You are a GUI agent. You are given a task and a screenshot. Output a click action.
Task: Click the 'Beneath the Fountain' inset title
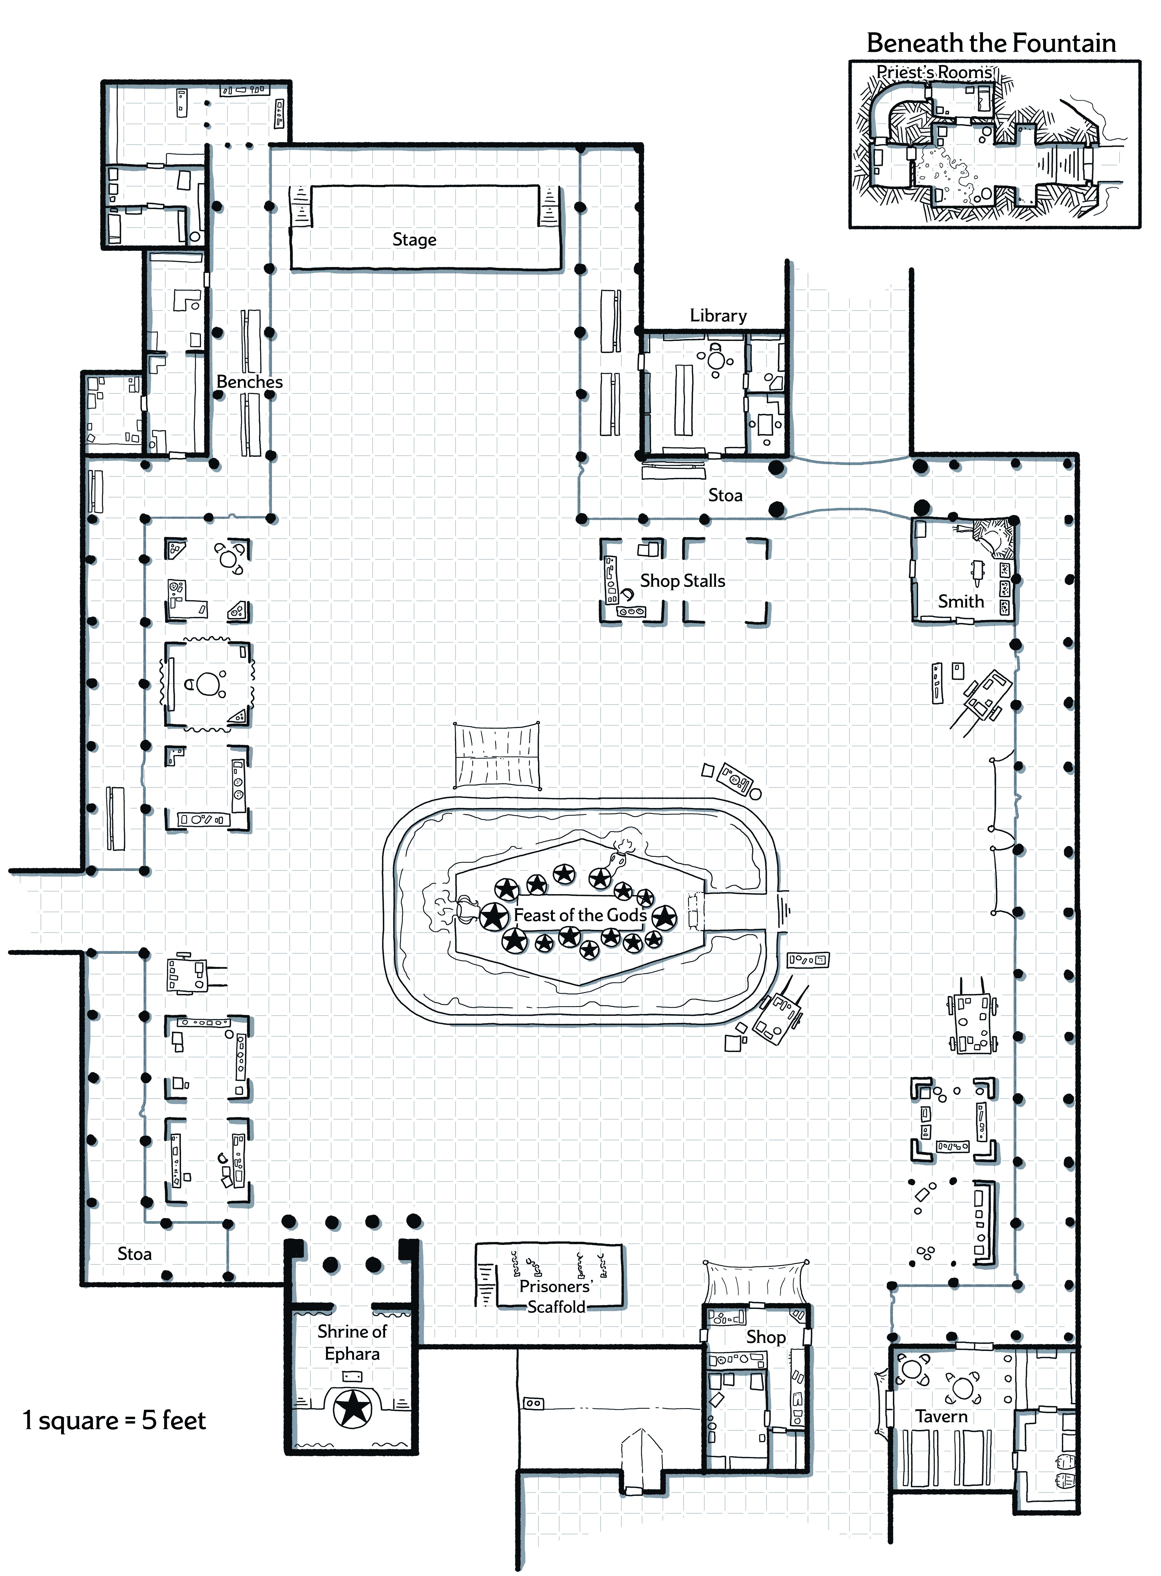(991, 43)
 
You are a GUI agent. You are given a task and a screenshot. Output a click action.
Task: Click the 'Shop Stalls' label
(683, 581)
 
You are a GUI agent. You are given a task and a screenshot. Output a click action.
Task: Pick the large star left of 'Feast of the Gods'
(494, 916)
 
